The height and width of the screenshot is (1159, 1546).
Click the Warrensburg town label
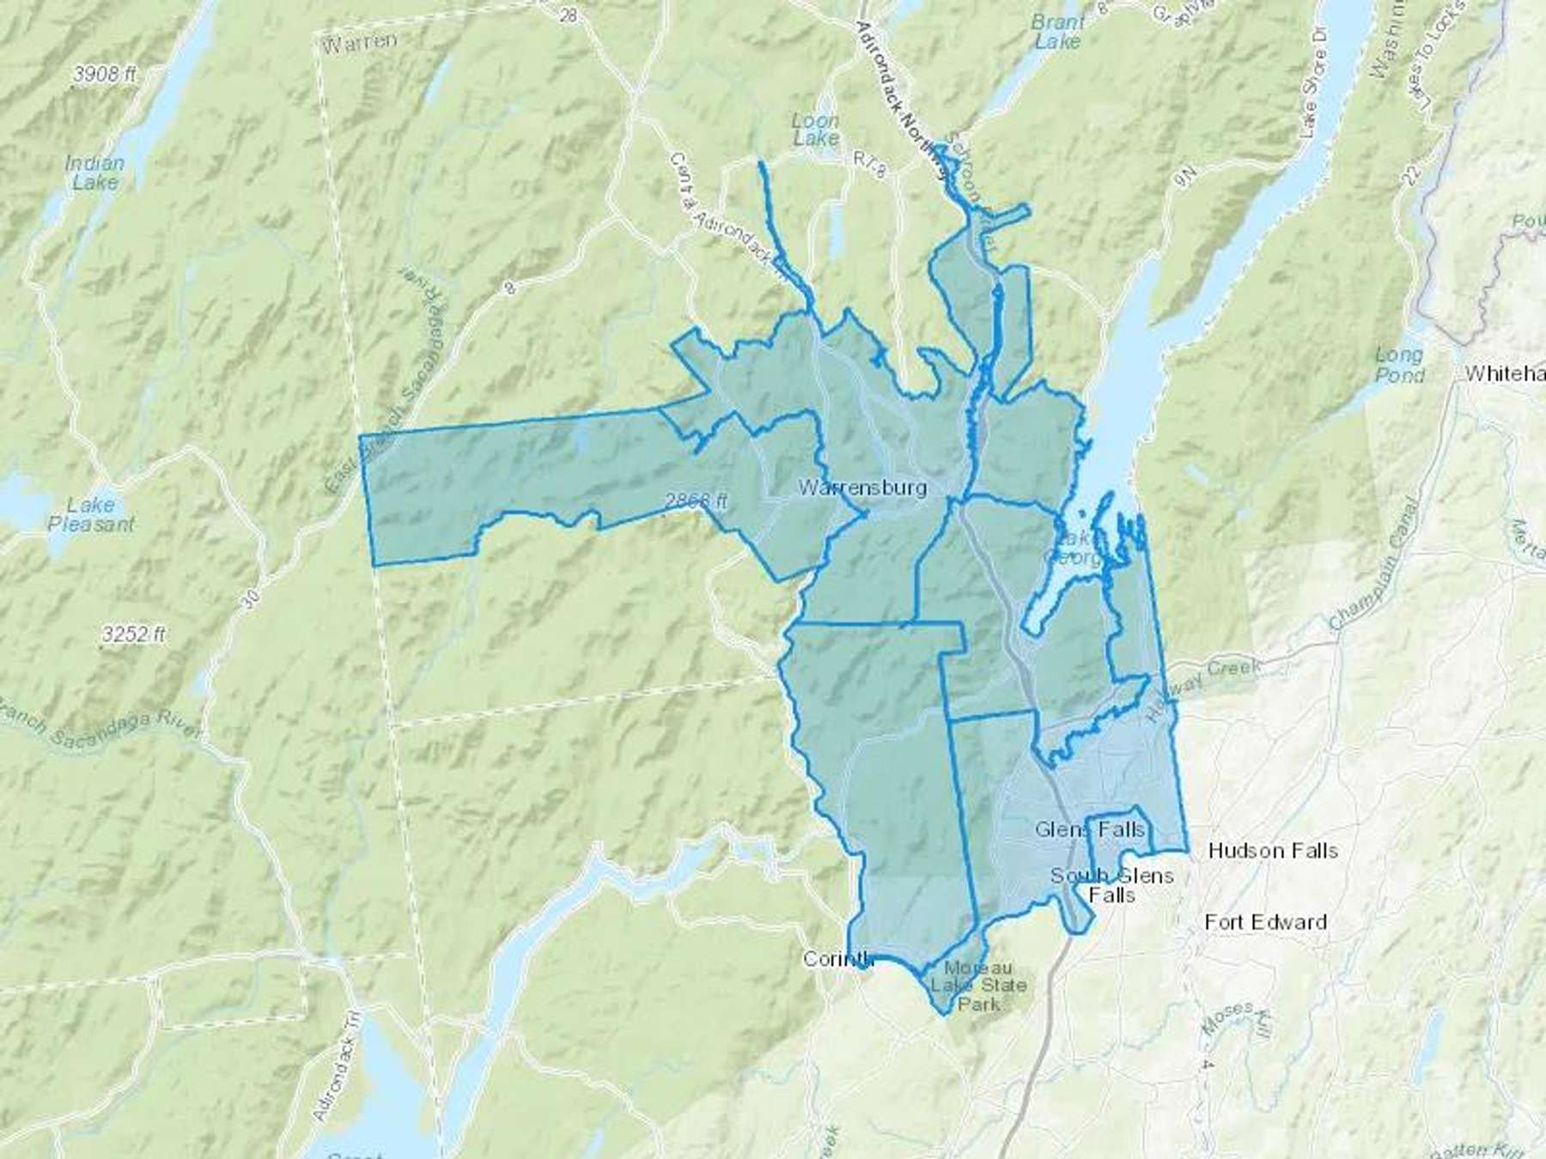(x=862, y=488)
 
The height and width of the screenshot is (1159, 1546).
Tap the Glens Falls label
(x=1090, y=829)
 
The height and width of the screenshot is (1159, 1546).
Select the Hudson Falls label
(x=1272, y=851)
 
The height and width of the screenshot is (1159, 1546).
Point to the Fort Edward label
(x=1265, y=922)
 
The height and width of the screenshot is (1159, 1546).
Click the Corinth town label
(x=837, y=959)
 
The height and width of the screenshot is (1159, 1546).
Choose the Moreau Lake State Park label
(x=979, y=986)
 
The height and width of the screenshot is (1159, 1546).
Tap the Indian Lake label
(x=94, y=172)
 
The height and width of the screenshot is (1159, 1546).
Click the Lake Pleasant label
(x=91, y=514)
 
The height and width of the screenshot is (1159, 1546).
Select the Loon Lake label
(x=815, y=129)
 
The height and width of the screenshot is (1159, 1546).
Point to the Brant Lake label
(x=1057, y=32)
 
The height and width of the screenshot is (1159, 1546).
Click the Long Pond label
(x=1398, y=365)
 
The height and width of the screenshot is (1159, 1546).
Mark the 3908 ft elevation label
(x=105, y=75)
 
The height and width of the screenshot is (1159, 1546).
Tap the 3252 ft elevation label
(x=133, y=634)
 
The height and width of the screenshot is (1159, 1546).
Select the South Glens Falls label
(x=1112, y=885)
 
